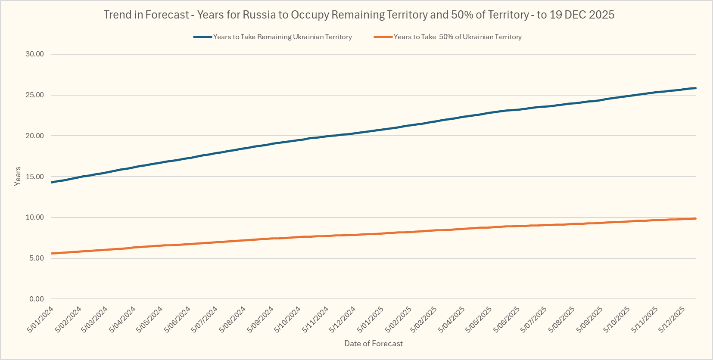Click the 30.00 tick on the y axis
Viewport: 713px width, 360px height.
pos(34,54)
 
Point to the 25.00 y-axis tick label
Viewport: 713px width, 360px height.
pos(34,95)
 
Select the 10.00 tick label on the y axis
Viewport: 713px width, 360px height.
pos(34,217)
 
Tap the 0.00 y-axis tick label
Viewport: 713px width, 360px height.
pos(37,299)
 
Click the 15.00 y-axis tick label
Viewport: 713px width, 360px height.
pos(34,177)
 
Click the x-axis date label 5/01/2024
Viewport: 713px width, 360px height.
pos(40,319)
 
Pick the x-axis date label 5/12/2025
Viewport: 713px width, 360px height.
pos(672,319)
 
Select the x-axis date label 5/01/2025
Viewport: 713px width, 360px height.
pos(371,319)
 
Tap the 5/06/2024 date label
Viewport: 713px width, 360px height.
pos(177,319)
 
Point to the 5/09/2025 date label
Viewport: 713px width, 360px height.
pos(590,319)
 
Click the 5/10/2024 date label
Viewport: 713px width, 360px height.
pos(287,319)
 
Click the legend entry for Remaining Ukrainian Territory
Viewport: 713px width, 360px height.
pos(282,37)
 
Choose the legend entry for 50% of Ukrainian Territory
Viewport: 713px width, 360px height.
pos(458,37)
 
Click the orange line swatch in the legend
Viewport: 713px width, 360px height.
pos(383,37)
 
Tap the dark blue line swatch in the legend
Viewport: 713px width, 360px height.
pos(202,37)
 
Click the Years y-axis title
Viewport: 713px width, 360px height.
pos(18,176)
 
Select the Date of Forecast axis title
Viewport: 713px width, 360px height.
pos(374,344)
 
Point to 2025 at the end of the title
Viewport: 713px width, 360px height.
pos(601,15)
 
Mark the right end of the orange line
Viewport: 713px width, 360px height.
pos(695,219)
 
